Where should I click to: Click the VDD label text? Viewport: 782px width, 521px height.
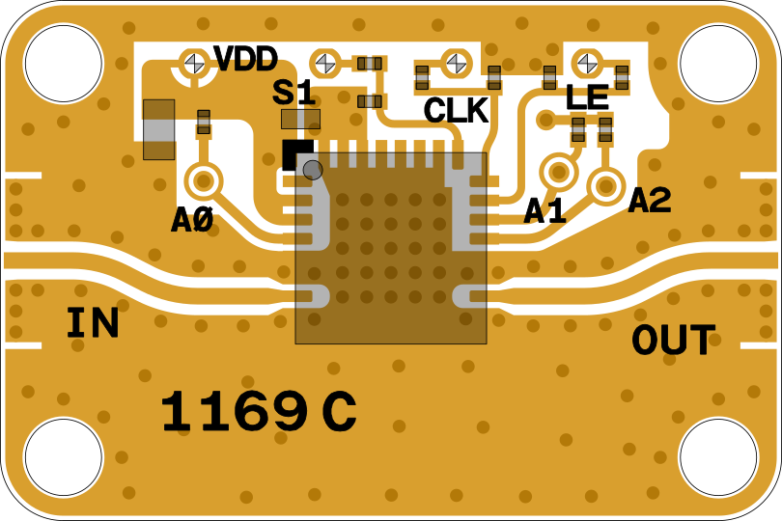[x=245, y=60]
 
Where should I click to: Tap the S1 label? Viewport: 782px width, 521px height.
[x=293, y=94]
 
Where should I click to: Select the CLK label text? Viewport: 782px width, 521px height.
[x=456, y=111]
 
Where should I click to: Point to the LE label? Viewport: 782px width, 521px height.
[x=587, y=97]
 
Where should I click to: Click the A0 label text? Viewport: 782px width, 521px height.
[x=191, y=221]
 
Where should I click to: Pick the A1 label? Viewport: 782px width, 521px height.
[x=545, y=211]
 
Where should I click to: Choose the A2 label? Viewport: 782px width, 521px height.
[x=649, y=201]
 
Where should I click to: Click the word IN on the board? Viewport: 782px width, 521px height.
[x=93, y=324]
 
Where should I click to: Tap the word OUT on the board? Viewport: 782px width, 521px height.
[x=674, y=341]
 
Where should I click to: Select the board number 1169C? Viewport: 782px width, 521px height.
[x=258, y=413]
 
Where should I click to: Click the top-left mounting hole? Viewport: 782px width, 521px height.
[x=63, y=63]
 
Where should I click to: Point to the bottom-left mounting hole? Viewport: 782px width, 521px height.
[x=63, y=457]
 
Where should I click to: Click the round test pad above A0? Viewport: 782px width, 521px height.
[x=204, y=180]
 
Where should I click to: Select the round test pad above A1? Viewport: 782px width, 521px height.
[x=558, y=173]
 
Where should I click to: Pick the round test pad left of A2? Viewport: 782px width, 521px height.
[x=605, y=185]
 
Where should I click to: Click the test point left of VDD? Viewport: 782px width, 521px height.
[x=195, y=63]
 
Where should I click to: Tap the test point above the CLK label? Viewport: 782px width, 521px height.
[x=456, y=63]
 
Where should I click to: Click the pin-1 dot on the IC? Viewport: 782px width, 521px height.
[x=312, y=170]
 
